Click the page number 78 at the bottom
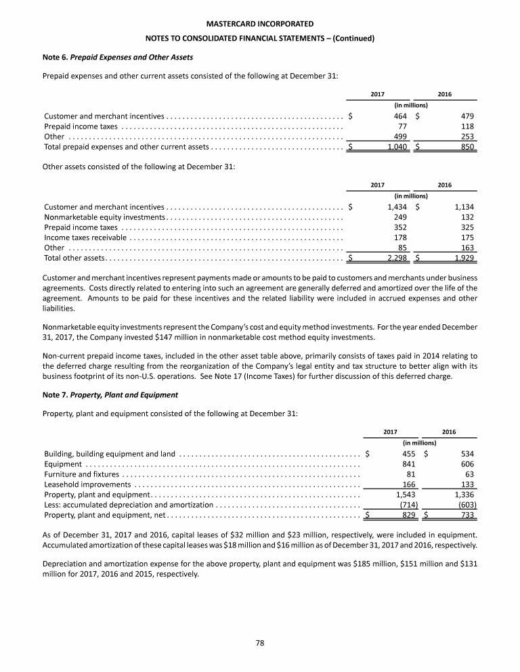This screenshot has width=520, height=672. pos(260,643)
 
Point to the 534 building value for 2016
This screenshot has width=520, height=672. pos(467,453)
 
